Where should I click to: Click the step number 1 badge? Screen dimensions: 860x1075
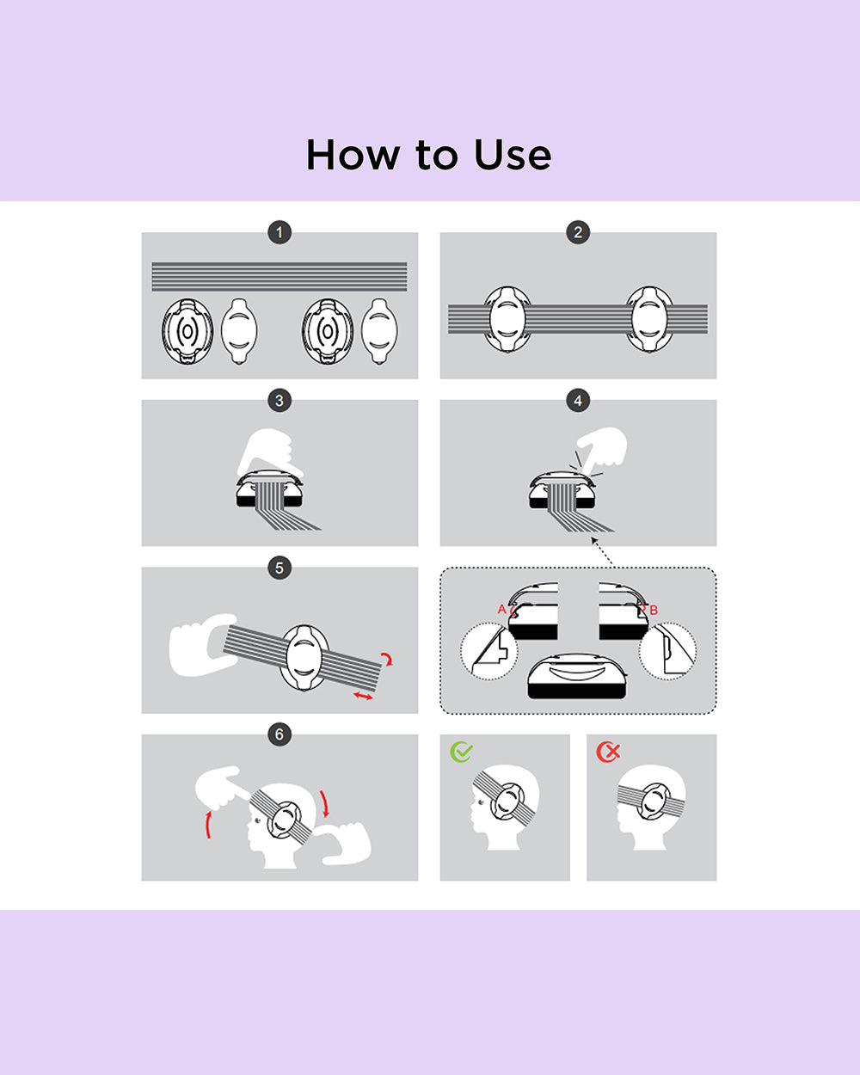pos(279,232)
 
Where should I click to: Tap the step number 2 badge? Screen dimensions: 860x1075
pos(578,232)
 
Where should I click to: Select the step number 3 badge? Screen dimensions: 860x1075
pos(279,400)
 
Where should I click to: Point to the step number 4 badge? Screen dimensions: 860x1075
pos(578,400)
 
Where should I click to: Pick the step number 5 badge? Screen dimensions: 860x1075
pos(279,568)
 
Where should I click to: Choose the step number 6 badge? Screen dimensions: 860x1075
pos(279,734)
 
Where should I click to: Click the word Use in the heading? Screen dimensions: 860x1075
pos(513,155)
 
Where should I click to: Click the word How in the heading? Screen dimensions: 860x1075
pos(353,155)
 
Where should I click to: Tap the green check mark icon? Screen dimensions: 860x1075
pos(461,752)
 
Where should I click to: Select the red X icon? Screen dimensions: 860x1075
pos(608,752)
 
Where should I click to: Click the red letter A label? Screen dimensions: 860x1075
pos(501,609)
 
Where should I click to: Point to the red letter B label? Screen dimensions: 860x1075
pos(653,610)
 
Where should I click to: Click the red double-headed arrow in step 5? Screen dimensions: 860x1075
pos(363,696)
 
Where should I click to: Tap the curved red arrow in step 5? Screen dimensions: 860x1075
pos(387,659)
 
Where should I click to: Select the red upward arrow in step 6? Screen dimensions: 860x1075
pos(209,824)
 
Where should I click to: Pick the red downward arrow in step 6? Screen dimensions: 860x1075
pos(325,804)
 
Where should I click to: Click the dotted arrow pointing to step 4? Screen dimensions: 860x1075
pos(602,552)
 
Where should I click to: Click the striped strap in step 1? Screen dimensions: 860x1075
pos(279,276)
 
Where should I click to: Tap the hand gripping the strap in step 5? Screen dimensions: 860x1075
pos(201,645)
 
